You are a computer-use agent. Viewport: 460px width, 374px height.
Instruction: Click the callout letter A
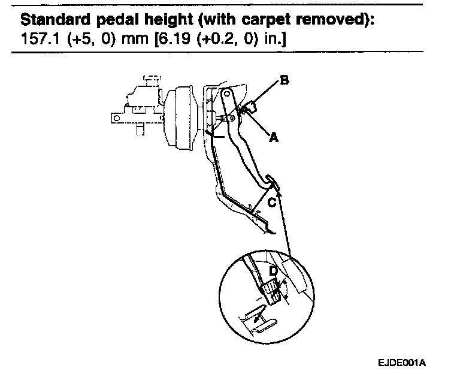click(x=273, y=137)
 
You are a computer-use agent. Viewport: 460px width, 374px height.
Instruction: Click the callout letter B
click(x=285, y=80)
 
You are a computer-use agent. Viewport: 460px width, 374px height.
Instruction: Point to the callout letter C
click(x=271, y=203)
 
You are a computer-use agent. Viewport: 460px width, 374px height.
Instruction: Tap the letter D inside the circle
click(x=273, y=272)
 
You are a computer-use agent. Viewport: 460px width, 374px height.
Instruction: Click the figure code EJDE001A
click(x=405, y=363)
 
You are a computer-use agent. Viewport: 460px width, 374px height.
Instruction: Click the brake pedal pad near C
click(x=269, y=180)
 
